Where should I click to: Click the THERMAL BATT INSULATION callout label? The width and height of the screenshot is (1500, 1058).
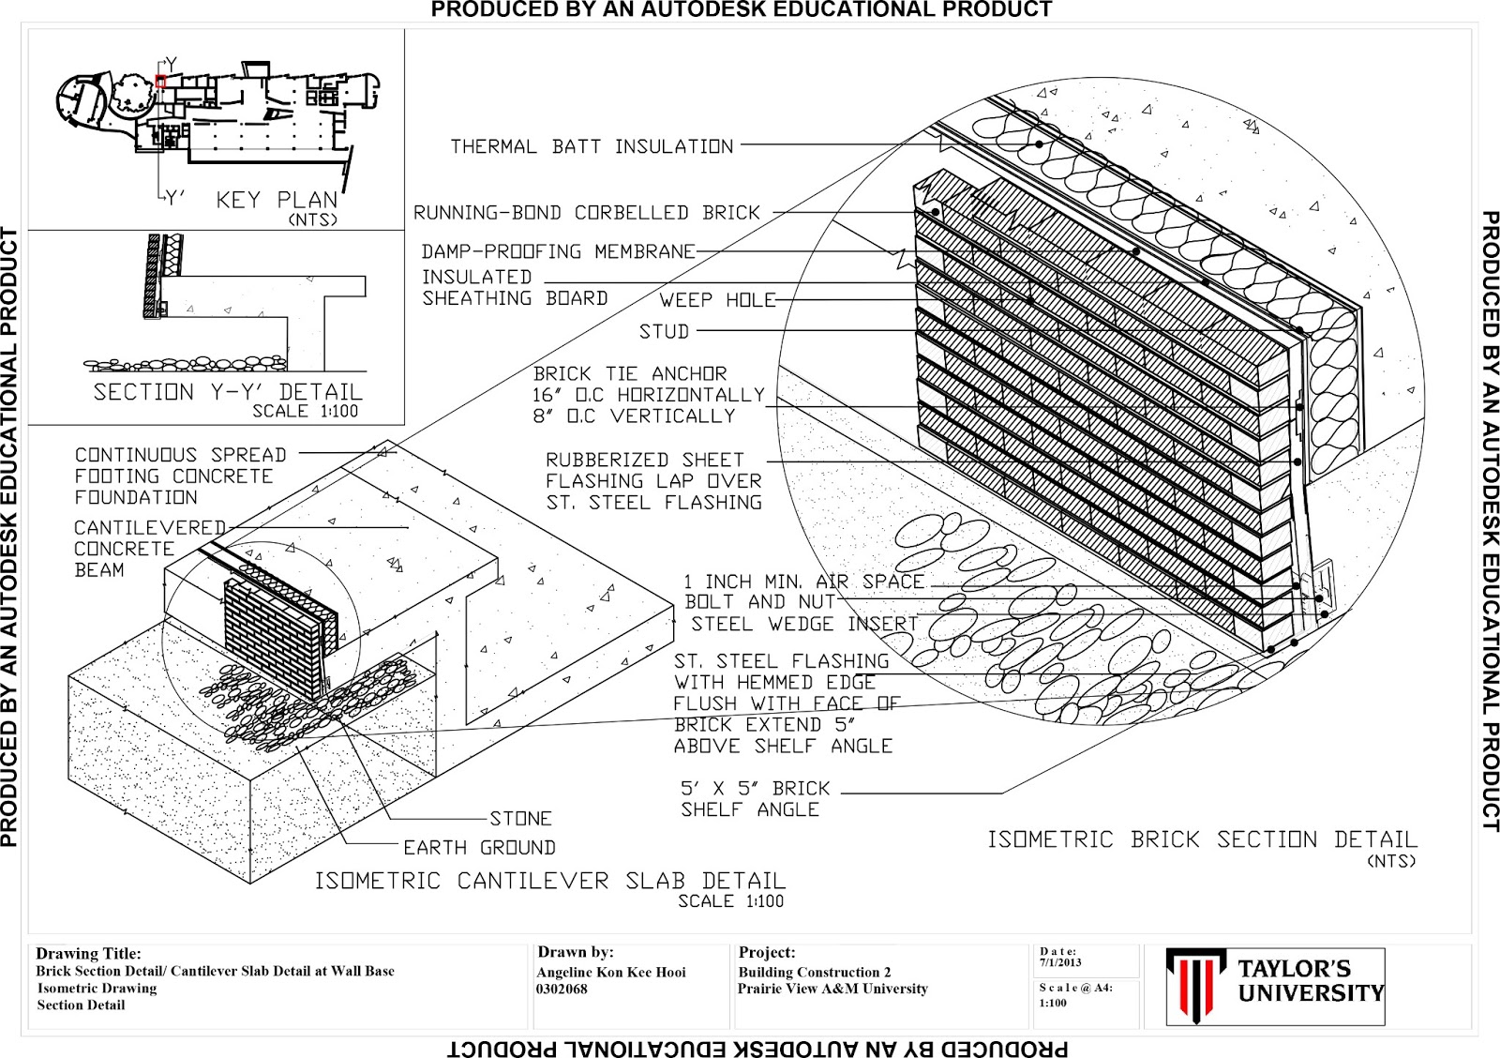coord(592,146)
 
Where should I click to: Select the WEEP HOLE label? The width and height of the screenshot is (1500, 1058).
coord(717,300)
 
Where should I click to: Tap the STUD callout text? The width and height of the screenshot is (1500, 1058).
coord(664,331)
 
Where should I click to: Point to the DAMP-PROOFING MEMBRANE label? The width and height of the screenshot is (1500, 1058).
coord(558,251)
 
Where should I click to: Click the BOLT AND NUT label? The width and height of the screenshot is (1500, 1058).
coord(759,601)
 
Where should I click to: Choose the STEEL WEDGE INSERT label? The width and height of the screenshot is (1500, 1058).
coord(804,624)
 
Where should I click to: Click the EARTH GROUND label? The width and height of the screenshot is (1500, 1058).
coord(479,848)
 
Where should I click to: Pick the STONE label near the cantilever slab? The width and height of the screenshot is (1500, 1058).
coord(520,818)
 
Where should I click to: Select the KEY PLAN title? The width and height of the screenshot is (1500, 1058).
coord(277,200)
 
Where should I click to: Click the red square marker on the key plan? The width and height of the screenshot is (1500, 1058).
coord(160,82)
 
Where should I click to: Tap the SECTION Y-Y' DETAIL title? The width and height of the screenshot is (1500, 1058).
coord(228,392)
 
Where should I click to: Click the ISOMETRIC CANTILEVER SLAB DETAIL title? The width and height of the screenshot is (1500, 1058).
coord(549,881)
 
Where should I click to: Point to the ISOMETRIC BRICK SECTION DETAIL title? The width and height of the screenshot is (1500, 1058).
coord(1202,839)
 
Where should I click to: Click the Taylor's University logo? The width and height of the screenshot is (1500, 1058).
coord(1275,986)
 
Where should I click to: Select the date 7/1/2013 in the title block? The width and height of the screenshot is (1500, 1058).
coord(1059,962)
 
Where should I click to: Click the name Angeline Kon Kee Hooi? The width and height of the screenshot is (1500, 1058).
coord(610,973)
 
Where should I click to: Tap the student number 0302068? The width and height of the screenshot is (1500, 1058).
coord(562,989)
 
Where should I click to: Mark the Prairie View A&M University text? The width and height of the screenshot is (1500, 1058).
coord(832,989)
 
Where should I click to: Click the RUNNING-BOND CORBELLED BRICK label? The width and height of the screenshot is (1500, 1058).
coord(586,213)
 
